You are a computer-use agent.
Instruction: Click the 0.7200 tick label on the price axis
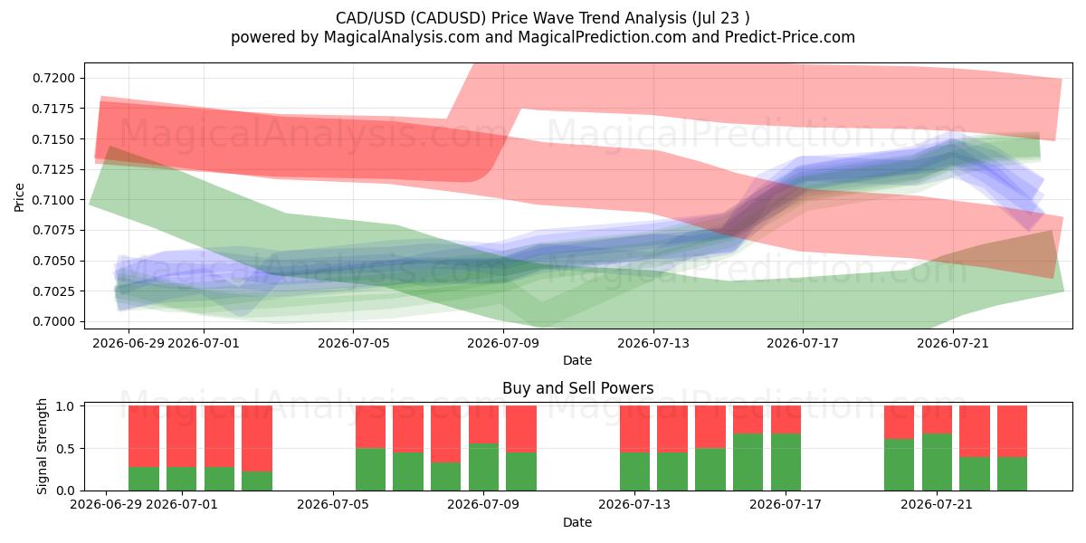(x=53, y=79)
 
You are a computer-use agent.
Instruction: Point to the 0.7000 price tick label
(x=53, y=322)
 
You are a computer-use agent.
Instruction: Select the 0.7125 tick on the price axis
(x=53, y=170)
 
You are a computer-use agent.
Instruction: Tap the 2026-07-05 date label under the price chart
(x=354, y=343)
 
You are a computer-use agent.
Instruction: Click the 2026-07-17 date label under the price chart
(x=803, y=343)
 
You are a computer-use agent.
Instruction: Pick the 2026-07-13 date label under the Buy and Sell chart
(x=634, y=505)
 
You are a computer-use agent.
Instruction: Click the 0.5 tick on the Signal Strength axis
(x=65, y=449)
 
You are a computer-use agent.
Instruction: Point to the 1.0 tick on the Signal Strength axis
(x=65, y=406)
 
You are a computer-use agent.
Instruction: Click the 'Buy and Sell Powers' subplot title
(x=578, y=388)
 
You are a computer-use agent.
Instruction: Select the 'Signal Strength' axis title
(x=43, y=446)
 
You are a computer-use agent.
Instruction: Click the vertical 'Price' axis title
(x=19, y=197)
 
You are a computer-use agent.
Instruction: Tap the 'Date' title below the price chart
(x=577, y=361)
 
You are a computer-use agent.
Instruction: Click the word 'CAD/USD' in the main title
(x=370, y=18)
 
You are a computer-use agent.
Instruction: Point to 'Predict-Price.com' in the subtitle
(x=790, y=37)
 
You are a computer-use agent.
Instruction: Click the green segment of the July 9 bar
(x=483, y=467)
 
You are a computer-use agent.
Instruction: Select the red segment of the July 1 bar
(x=182, y=436)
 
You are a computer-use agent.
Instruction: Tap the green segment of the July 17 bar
(x=786, y=462)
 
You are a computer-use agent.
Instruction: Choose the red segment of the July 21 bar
(x=937, y=420)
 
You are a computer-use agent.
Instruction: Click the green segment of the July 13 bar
(x=634, y=472)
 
